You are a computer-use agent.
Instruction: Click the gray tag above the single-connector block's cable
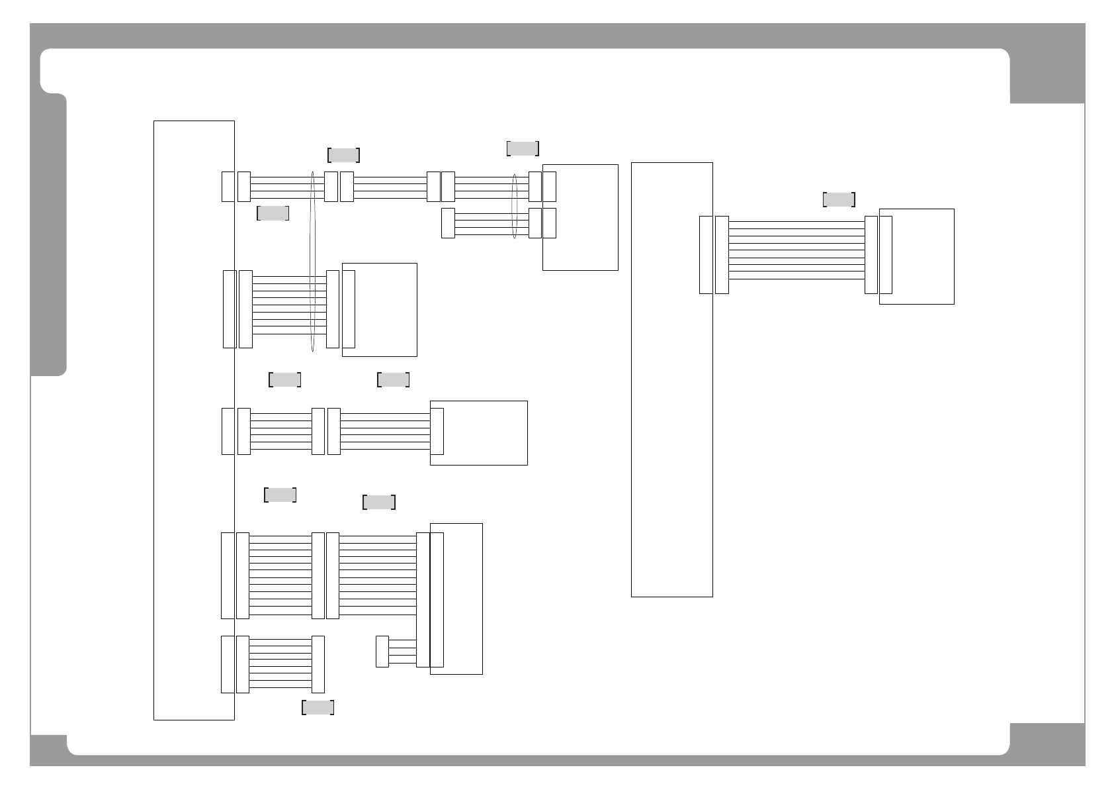(x=839, y=199)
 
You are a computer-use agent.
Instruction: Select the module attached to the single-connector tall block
(x=922, y=256)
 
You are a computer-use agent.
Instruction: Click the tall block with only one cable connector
(x=671, y=379)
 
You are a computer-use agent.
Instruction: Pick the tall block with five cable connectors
(x=194, y=420)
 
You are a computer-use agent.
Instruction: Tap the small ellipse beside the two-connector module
(x=515, y=205)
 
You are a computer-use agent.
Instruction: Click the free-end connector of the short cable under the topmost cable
(x=448, y=223)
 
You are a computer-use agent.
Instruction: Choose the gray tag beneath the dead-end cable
(x=318, y=707)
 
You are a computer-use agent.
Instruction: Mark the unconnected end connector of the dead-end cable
(x=318, y=664)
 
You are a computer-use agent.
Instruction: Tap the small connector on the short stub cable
(x=382, y=652)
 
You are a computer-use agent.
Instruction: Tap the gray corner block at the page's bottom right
(x=1047, y=743)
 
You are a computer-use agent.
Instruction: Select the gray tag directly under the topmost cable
(x=273, y=213)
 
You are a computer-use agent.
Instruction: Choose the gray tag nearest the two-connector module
(x=523, y=148)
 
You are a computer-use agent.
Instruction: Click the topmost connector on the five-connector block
(x=228, y=186)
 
